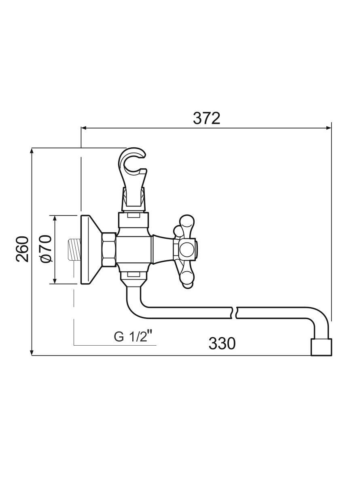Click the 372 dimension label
point(206,118)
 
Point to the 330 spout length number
point(222,343)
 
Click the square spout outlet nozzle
point(321,347)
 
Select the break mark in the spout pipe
point(235,312)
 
